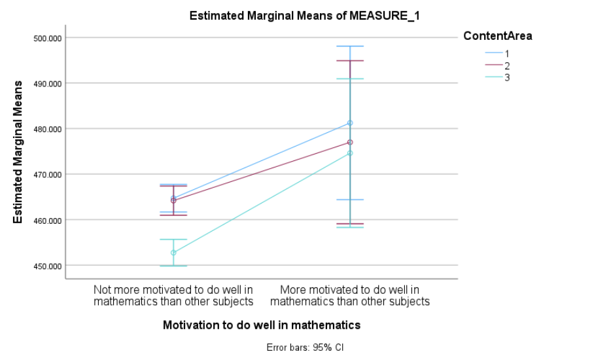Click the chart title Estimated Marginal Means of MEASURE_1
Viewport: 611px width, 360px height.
[304, 16]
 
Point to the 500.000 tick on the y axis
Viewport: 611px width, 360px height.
[46, 38]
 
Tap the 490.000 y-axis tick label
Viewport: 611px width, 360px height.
[46, 84]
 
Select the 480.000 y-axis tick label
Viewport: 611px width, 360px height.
[46, 129]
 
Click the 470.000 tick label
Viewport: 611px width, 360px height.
[46, 175]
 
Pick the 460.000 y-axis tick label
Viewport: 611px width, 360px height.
[46, 221]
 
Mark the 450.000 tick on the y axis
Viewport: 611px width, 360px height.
[46, 266]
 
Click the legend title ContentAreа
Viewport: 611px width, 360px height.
[497, 37]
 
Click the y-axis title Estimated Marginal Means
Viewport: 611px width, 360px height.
[18, 152]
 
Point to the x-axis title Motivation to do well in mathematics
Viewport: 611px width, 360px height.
[262, 325]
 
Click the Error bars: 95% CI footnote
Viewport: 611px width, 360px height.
[305, 347]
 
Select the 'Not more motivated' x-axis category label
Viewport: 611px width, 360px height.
[173, 295]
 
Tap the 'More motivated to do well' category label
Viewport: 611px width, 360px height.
[350, 295]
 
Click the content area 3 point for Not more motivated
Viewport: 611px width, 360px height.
[173, 253]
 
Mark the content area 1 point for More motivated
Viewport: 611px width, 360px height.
[350, 123]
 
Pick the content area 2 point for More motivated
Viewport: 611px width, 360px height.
[350, 142]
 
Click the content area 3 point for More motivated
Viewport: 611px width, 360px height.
[350, 153]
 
